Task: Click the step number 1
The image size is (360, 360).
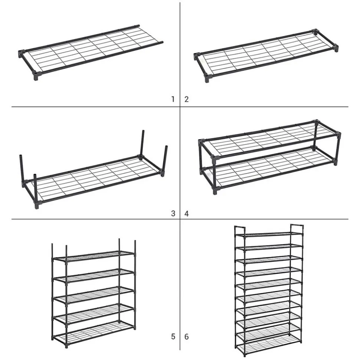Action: tap(173, 99)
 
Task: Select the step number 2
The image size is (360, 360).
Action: tap(186, 99)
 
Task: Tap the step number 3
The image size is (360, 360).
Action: tap(173, 214)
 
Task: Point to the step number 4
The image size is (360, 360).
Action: tap(186, 214)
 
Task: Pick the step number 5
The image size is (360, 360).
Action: tap(173, 337)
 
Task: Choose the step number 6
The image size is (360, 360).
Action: tap(186, 337)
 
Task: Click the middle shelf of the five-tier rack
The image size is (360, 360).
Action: tap(94, 295)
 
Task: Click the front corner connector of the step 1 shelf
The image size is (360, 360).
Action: tap(37, 76)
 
